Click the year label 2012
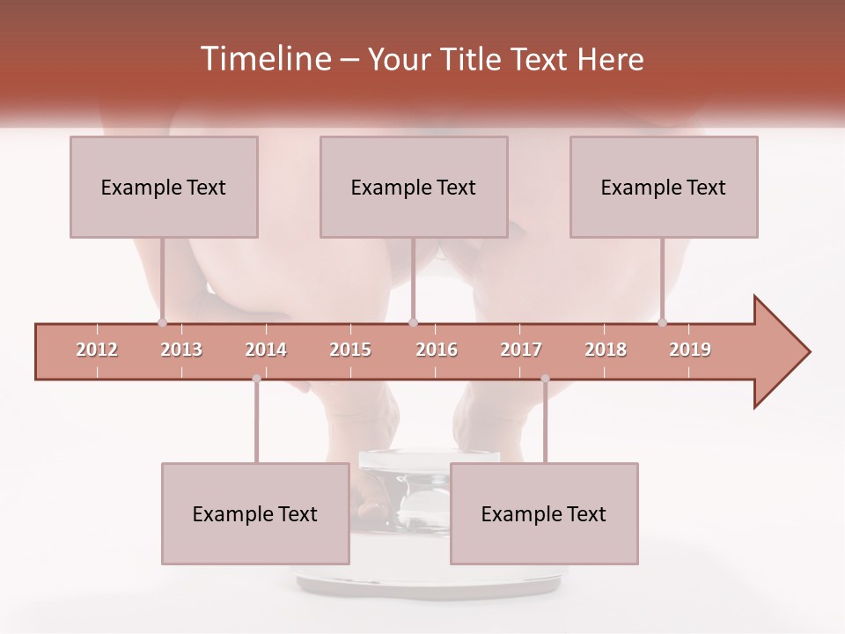[x=97, y=350]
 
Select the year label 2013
[x=181, y=350]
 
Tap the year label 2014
[x=266, y=350]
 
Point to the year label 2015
[x=350, y=350]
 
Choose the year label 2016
[x=437, y=350]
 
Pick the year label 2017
[x=521, y=350]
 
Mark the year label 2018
[x=606, y=350]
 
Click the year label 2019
[x=690, y=350]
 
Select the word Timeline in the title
[x=263, y=59]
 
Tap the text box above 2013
[x=164, y=187]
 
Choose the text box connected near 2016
[x=414, y=187]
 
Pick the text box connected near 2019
[x=664, y=187]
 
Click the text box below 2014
[x=255, y=513]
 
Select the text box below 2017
[x=544, y=513]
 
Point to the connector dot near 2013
[x=162, y=322]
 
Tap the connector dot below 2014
[x=256, y=379]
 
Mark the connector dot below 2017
[x=545, y=379]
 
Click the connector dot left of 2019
[x=662, y=322]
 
